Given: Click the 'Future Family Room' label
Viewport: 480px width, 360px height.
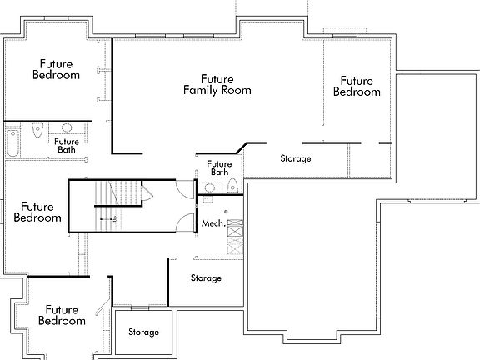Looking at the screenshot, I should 217,84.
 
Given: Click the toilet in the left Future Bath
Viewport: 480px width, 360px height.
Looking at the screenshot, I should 37,132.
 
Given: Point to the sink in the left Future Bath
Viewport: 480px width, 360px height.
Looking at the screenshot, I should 67,129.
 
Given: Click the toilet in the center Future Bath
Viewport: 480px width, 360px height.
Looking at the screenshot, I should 232,184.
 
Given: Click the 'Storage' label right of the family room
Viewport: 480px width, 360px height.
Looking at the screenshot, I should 295,158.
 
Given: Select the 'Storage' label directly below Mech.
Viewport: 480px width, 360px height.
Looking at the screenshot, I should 206,277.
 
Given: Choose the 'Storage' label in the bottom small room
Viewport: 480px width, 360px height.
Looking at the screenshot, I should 143,332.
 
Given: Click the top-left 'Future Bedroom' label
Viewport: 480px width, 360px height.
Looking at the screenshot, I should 56,69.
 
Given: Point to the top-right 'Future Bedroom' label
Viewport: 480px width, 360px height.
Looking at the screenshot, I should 356,86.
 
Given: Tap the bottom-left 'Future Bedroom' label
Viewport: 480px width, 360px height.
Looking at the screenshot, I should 62,315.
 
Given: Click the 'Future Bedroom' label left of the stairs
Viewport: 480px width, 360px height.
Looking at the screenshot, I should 37,212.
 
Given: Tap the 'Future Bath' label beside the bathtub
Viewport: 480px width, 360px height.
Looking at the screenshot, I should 67,146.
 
